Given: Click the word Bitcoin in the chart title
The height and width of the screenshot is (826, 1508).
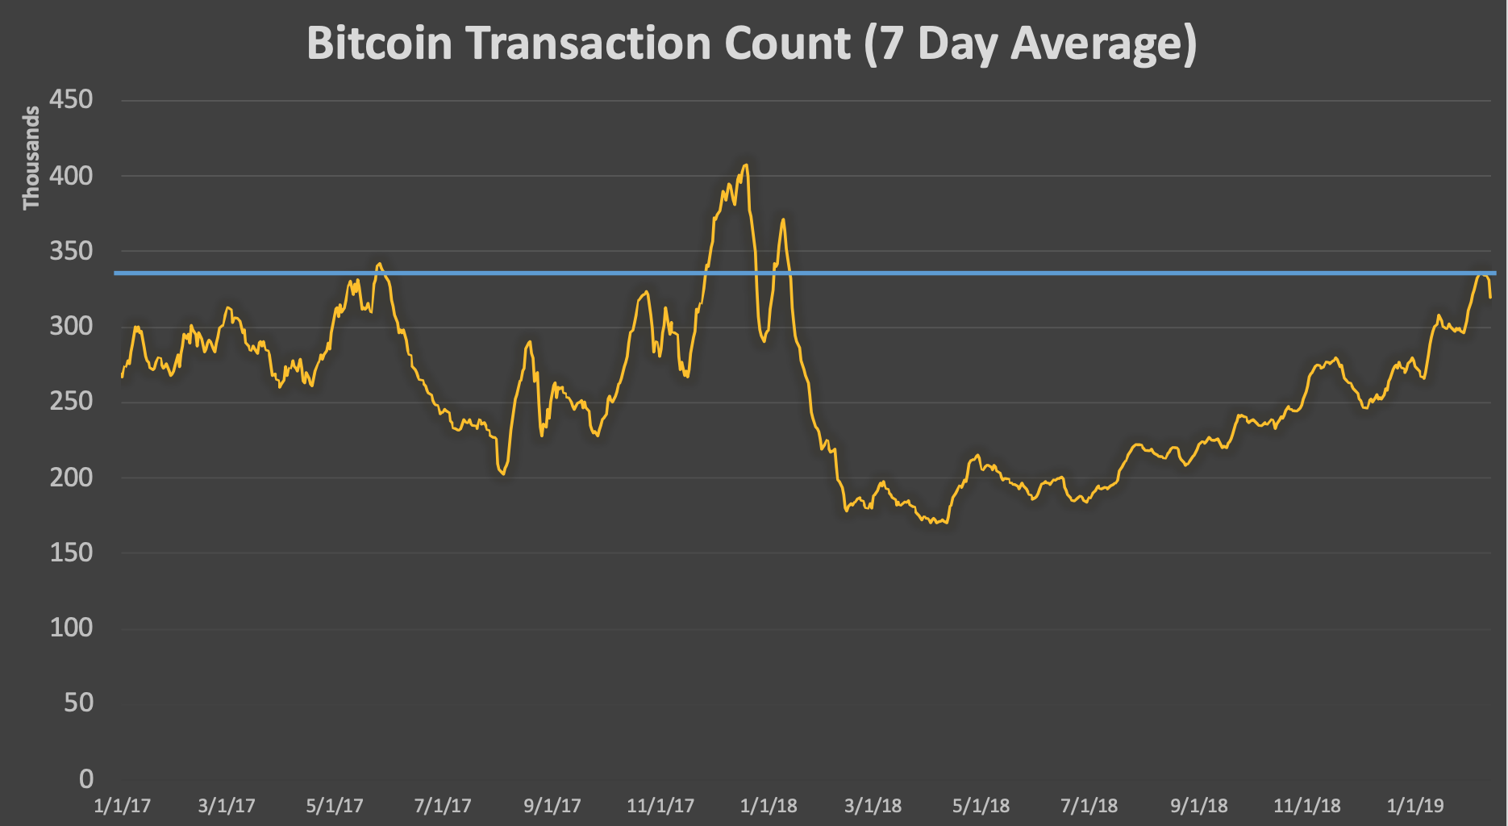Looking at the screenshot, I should [x=379, y=43].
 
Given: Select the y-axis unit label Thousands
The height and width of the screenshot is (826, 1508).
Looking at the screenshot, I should [x=31, y=158].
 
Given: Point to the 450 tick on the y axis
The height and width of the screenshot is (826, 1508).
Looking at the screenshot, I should [x=72, y=100].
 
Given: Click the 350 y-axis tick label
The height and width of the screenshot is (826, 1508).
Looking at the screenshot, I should [x=72, y=251].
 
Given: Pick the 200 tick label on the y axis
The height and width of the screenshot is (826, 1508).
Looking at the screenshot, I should [x=72, y=477].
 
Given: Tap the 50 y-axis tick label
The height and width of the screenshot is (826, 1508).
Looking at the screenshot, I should [x=78, y=703].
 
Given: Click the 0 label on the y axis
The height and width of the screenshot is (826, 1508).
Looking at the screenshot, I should [x=85, y=778].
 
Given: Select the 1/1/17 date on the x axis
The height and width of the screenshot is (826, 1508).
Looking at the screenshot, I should [x=122, y=805].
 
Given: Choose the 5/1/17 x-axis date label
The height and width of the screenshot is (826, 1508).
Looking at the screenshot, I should [x=335, y=805].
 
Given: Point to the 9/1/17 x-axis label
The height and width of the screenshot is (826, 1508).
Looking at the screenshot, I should [x=552, y=805].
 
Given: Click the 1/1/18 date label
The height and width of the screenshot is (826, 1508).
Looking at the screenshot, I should [x=769, y=805].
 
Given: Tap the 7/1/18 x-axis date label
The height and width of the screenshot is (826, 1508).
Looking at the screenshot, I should [x=1089, y=805].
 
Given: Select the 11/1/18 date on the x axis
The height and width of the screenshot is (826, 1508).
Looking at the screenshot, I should [x=1307, y=805].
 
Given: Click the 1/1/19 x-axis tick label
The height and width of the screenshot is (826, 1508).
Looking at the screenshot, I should [x=1415, y=805].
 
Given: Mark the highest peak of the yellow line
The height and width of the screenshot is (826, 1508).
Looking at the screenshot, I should [x=746, y=165].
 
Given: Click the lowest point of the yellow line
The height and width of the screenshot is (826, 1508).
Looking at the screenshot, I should [x=934, y=524].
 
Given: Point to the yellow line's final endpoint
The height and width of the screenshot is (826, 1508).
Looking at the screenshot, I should [x=1490, y=298].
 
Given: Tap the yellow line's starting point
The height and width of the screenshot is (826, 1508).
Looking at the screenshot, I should [x=122, y=377].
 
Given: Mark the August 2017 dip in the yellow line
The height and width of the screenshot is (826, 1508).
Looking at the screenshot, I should [x=503, y=473].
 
